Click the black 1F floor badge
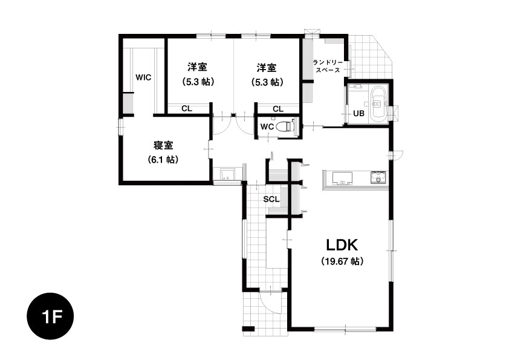[x=50, y=316]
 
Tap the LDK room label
[x=342, y=245]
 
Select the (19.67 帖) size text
[x=342, y=261]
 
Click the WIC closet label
[x=143, y=77]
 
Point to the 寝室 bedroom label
[x=163, y=145]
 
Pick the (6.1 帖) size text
[x=163, y=160]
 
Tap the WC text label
[x=267, y=126]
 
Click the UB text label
[x=358, y=113]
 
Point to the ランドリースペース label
[x=328, y=66]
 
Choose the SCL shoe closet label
[x=271, y=199]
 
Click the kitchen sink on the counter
[x=342, y=178]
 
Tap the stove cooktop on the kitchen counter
[x=378, y=178]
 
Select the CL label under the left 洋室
[x=187, y=108]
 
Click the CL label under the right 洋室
[x=278, y=109]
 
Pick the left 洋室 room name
[x=197, y=67]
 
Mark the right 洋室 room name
[x=267, y=68]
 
